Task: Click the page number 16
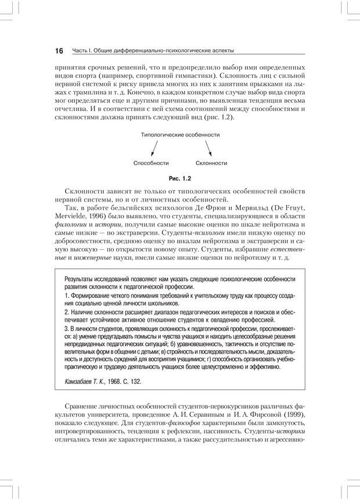point(59,51)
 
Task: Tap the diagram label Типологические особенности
point(180,135)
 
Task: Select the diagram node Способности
point(150,163)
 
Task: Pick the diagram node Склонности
point(211,163)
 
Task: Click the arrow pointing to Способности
point(154,149)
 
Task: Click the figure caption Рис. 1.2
point(180,179)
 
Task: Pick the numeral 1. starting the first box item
point(67,296)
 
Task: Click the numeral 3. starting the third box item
point(67,328)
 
